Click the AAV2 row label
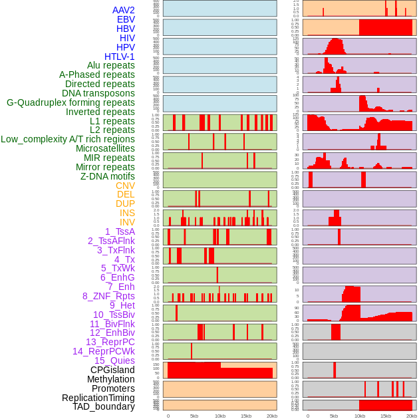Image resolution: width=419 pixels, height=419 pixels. [x=124, y=10]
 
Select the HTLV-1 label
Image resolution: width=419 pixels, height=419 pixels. [x=120, y=57]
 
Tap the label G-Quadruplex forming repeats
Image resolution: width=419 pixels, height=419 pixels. [x=70, y=102]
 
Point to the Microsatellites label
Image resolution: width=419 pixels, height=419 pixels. [x=105, y=148]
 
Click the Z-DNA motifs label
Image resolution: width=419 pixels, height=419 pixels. [x=107, y=176]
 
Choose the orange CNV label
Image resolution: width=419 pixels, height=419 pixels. [x=125, y=186]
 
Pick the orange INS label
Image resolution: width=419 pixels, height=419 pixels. [x=127, y=213]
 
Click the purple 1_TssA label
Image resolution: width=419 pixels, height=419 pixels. [x=120, y=231]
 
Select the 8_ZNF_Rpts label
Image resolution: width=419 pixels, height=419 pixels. [x=108, y=296]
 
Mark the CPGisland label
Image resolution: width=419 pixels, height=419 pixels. [x=112, y=370]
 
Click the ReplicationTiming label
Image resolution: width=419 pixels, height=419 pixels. [x=98, y=398]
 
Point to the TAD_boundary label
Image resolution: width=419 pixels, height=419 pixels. [x=104, y=406]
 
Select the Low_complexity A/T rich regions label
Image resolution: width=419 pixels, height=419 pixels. [x=68, y=139]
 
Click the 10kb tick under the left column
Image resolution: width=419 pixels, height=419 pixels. [x=219, y=416]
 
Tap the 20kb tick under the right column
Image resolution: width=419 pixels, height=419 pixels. [x=412, y=416]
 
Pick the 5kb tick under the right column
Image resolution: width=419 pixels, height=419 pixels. [x=334, y=416]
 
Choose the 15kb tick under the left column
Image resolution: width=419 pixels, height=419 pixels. [x=246, y=416]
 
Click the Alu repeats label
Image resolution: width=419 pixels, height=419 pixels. [x=111, y=65]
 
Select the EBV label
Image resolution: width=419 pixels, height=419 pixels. [x=126, y=19]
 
